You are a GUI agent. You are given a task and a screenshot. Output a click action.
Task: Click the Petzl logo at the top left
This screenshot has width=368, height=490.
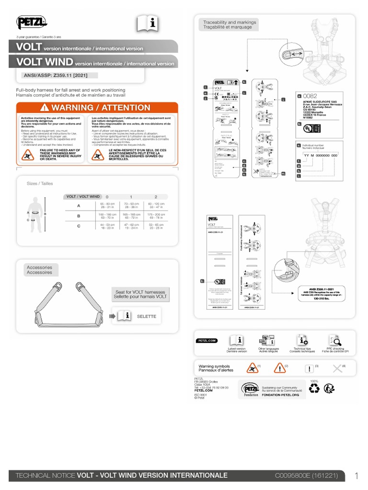coord(31,22)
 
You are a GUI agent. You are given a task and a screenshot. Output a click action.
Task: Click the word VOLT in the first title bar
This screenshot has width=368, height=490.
coord(29,47)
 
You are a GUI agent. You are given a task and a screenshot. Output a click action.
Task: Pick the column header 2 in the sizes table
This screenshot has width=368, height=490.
coord(155,197)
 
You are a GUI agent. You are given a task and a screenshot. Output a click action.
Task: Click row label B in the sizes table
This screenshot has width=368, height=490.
coord(79,216)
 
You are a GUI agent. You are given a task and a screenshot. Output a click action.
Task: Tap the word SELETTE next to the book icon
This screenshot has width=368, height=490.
coord(147,316)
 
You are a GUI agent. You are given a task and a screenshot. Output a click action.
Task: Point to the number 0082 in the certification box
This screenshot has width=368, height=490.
coord(314,95)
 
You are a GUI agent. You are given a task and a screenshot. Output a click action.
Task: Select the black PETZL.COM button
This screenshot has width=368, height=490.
coord(207,341)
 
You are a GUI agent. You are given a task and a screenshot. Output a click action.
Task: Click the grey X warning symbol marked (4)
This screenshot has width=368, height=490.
coord(338,368)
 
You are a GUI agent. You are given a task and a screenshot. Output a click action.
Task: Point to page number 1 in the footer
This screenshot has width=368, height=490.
coord(356,476)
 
